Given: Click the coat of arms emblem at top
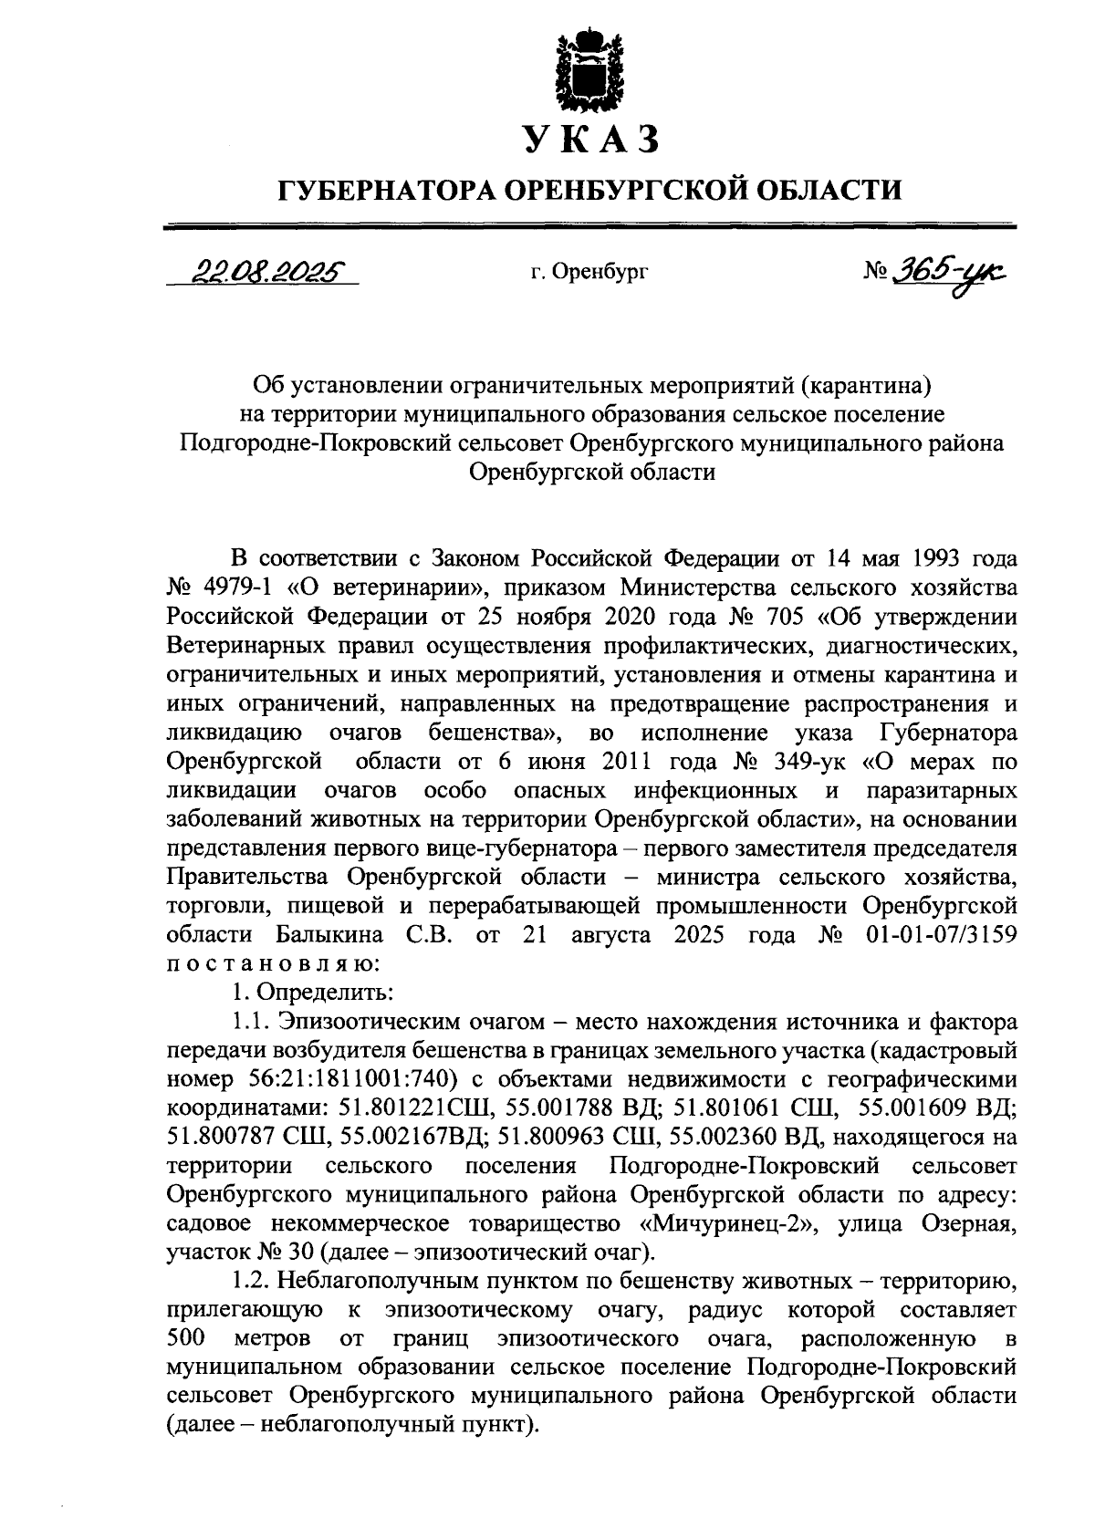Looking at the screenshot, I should click(x=590, y=70).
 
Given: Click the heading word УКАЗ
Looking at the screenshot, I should click(x=590, y=140).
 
